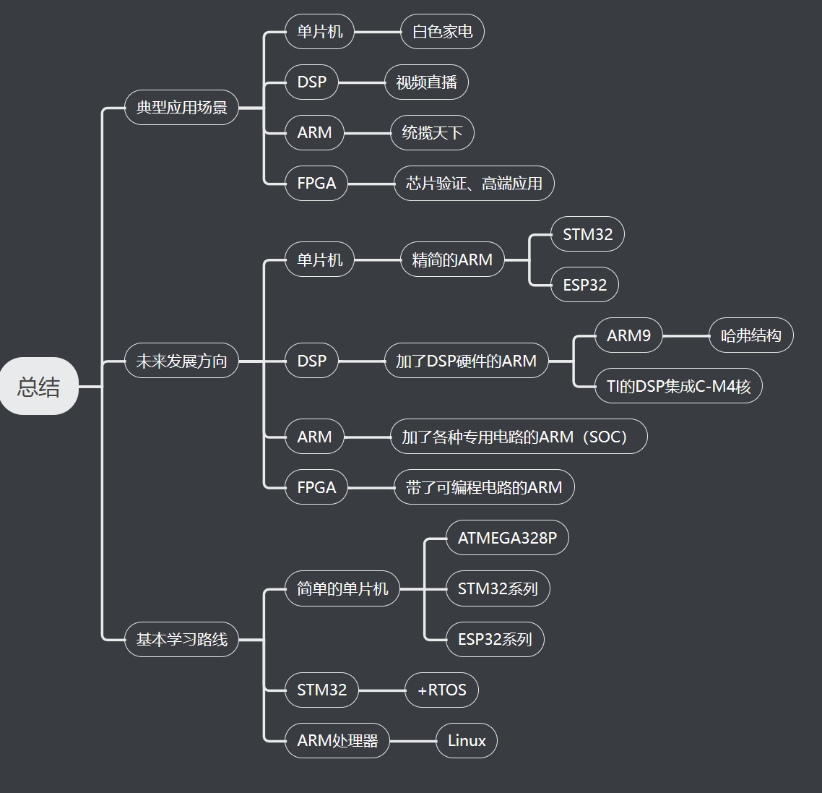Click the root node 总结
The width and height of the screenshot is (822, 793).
(39, 386)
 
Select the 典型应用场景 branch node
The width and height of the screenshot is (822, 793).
(181, 108)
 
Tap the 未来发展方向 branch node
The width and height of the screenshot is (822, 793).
(181, 361)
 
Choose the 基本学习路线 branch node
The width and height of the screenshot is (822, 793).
(181, 639)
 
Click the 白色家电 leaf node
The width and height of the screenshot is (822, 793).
(442, 32)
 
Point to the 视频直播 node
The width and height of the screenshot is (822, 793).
(426, 82)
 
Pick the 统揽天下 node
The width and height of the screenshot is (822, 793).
(432, 133)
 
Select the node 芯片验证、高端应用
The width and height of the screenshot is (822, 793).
(474, 184)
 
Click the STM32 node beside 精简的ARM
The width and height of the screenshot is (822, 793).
(587, 234)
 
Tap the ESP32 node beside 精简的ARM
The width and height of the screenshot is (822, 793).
(584, 285)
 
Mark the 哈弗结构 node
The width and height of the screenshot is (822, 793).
(750, 335)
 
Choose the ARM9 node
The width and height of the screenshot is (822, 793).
(628, 335)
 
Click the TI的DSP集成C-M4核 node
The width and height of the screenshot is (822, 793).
(678, 386)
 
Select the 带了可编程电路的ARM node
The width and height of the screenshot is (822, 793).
(484, 487)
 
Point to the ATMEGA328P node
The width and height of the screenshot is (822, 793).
(507, 538)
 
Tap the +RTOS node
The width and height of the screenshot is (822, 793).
(441, 690)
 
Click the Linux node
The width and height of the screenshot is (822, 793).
(467, 740)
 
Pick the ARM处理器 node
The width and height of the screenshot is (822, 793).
(337, 740)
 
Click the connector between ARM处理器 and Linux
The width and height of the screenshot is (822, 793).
(412, 741)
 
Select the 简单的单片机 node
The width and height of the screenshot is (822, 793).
(342, 588)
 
